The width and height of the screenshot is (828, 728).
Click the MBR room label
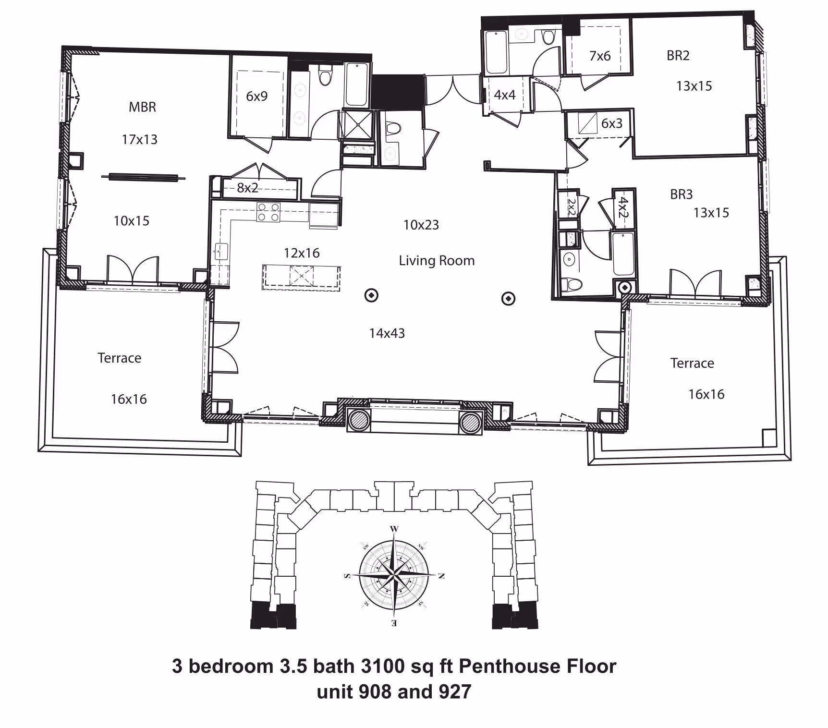[x=142, y=107]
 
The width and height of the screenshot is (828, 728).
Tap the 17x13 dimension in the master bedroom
[x=139, y=139]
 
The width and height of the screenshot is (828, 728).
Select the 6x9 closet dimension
[x=256, y=96]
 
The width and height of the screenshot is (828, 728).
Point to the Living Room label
[x=437, y=260]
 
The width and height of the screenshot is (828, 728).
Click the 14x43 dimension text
[x=387, y=333]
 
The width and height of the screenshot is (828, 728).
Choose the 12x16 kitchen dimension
[x=302, y=253]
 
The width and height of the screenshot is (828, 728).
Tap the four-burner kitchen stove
[x=268, y=212]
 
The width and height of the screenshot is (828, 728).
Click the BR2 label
[x=678, y=56]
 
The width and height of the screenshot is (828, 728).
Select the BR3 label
[x=681, y=194]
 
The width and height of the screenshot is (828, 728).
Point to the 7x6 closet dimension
[x=600, y=56]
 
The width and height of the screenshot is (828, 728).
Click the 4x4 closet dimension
[x=504, y=95]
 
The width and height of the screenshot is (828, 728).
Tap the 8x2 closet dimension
[x=247, y=188]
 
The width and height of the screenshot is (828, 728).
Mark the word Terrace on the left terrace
[x=119, y=358]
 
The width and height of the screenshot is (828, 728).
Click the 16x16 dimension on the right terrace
[x=706, y=394]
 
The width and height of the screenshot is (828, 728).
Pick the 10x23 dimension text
[x=421, y=225]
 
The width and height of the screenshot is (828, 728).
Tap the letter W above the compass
[x=394, y=529]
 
